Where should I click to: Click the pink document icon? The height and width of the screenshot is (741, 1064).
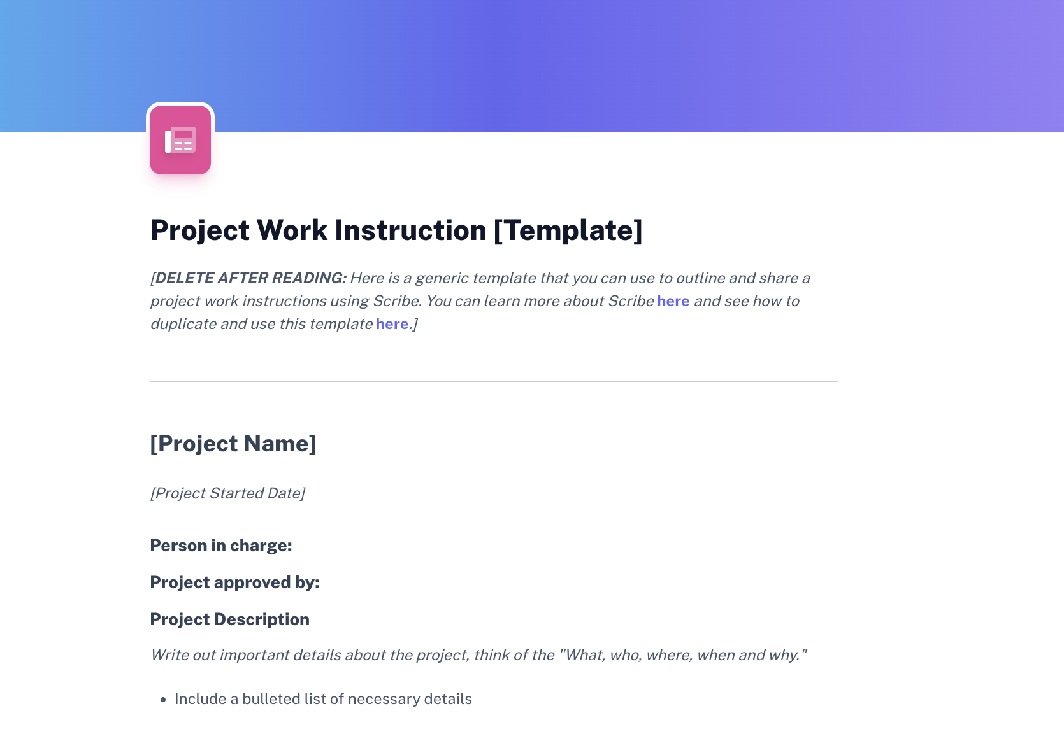click(180, 140)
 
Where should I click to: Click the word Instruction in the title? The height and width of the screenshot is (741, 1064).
click(410, 230)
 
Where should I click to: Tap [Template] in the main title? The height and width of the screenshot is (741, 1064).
click(568, 230)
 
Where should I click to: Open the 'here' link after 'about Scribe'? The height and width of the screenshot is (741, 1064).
click(673, 301)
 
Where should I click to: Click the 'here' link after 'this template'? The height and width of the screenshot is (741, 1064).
click(392, 324)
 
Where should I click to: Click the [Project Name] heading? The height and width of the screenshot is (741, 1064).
click(233, 444)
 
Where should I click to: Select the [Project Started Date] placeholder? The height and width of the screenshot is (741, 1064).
click(227, 493)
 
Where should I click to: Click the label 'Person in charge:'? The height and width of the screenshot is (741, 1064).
click(221, 546)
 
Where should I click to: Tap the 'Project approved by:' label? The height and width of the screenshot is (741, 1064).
click(234, 582)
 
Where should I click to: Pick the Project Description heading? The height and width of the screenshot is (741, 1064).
click(229, 619)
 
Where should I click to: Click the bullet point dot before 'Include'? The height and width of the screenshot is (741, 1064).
click(163, 700)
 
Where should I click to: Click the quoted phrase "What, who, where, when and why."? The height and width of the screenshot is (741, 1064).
click(683, 655)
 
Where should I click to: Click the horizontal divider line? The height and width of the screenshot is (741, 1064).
click(493, 381)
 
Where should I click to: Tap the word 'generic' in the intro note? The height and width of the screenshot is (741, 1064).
click(442, 278)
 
